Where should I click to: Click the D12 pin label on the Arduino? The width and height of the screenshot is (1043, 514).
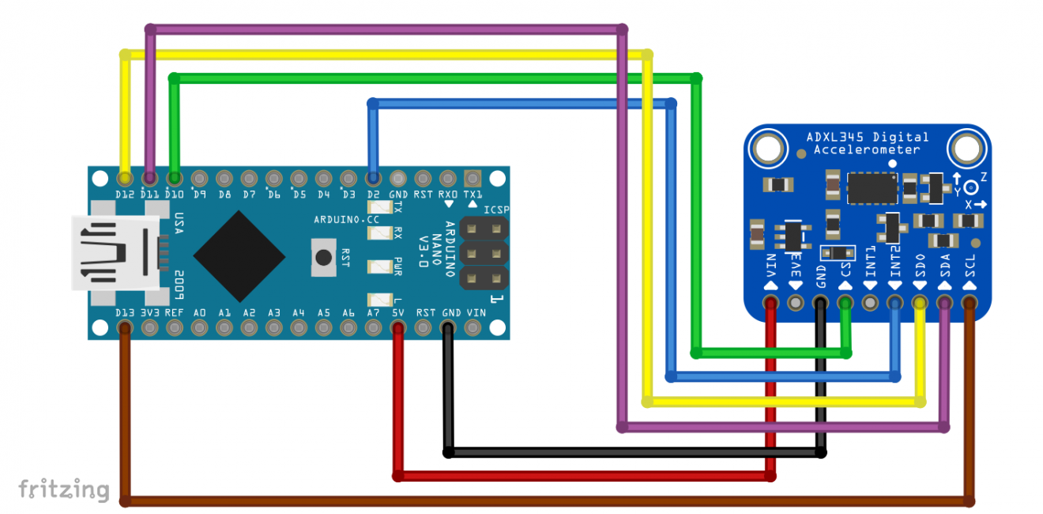(124, 194)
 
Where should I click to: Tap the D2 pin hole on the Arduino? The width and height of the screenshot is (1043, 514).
(373, 177)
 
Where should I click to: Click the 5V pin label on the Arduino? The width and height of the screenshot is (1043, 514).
(398, 313)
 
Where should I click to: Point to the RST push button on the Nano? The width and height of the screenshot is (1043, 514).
(323, 258)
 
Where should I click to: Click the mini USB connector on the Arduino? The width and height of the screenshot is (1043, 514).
(111, 252)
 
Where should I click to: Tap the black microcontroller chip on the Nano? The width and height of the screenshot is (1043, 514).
(239, 253)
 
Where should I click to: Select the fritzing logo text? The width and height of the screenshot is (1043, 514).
(63, 488)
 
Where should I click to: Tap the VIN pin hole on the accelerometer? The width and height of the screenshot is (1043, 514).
(770, 302)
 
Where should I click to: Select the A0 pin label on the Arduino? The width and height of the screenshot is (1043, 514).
(199, 313)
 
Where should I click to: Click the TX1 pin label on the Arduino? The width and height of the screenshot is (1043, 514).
(473, 194)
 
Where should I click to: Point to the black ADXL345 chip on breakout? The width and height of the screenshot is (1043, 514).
(872, 187)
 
